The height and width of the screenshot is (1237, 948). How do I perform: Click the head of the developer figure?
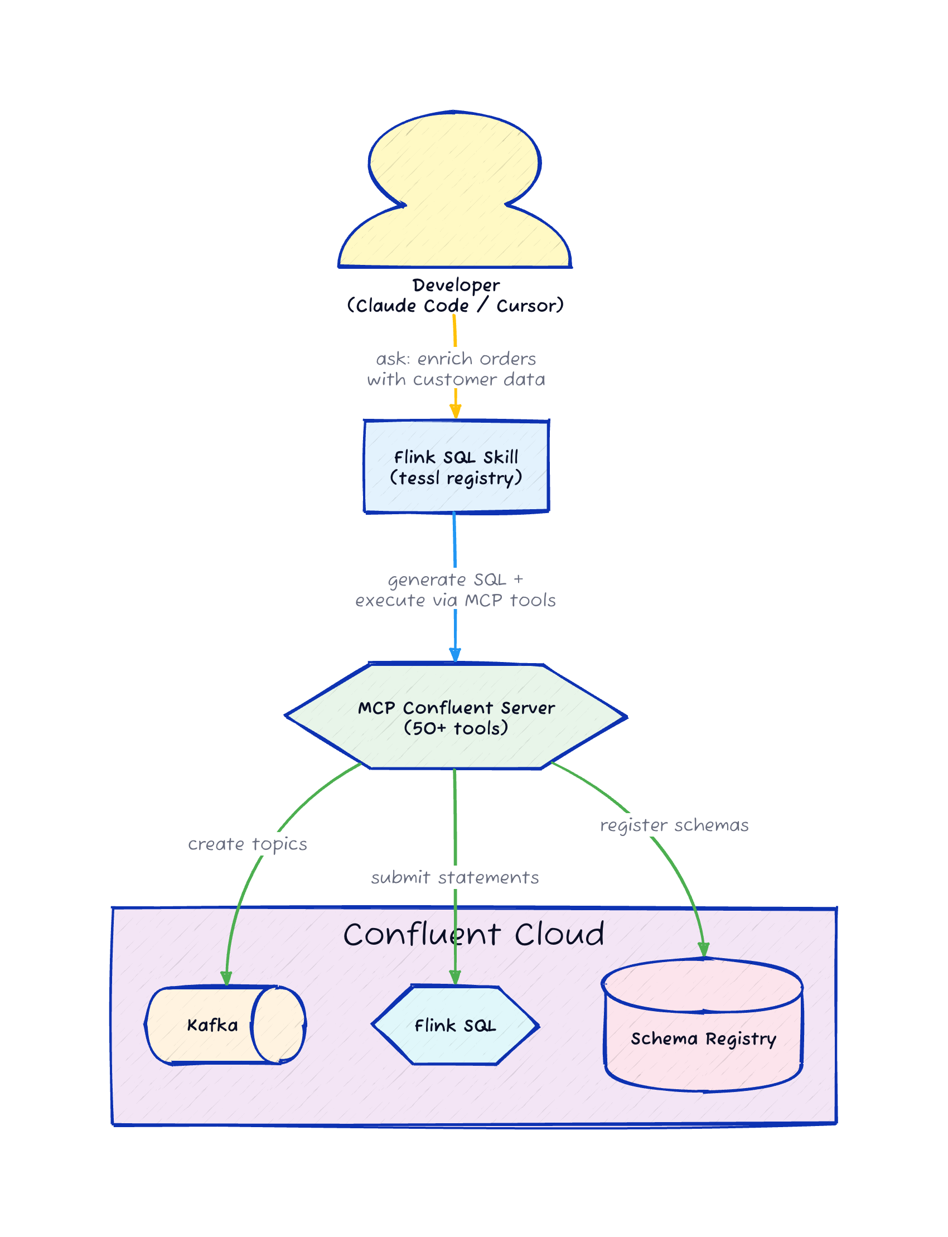[455, 158]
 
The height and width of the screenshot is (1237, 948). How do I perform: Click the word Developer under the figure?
[456, 285]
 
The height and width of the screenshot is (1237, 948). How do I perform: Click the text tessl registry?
[456, 479]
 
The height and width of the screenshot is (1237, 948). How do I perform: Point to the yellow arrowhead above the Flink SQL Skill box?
[456, 413]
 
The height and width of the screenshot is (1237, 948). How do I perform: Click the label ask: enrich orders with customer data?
[456, 369]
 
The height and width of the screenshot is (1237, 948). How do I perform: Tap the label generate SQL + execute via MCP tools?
[456, 589]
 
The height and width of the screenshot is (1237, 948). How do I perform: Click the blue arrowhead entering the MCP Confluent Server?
[455, 655]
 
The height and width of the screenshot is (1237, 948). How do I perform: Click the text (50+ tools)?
[456, 728]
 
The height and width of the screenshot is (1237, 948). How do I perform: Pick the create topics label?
[247, 844]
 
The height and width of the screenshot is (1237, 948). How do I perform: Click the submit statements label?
[455, 877]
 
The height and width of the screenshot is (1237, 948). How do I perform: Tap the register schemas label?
[674, 825]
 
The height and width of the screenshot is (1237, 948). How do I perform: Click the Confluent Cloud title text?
[474, 935]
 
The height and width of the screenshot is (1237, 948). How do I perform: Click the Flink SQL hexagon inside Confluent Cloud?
[455, 1026]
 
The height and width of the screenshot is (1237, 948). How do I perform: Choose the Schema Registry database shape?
[703, 1038]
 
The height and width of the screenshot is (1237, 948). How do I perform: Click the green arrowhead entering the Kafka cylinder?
[226, 979]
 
